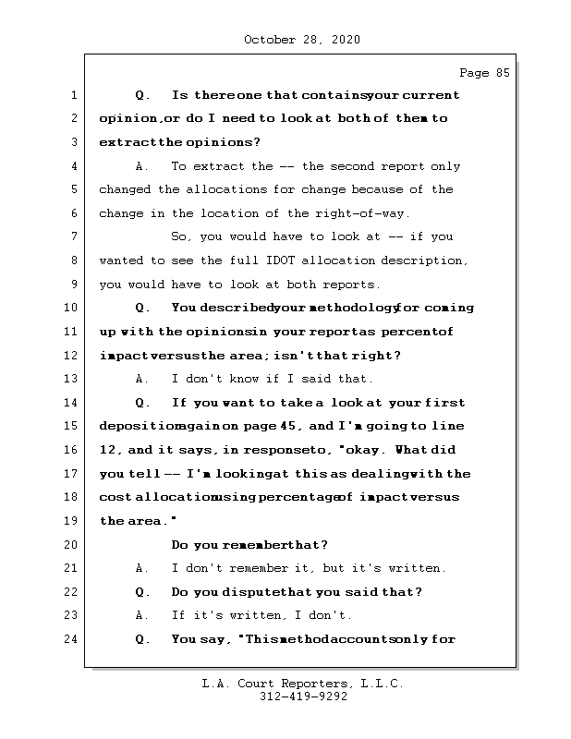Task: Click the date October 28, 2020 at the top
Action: [301, 40]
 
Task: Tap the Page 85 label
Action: [484, 73]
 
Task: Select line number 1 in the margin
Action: [73, 95]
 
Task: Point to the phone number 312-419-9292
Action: [303, 698]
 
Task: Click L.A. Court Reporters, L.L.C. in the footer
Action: [303, 684]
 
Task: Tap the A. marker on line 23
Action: [141, 615]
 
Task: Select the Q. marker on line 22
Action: [141, 592]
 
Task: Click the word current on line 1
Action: [430, 95]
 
